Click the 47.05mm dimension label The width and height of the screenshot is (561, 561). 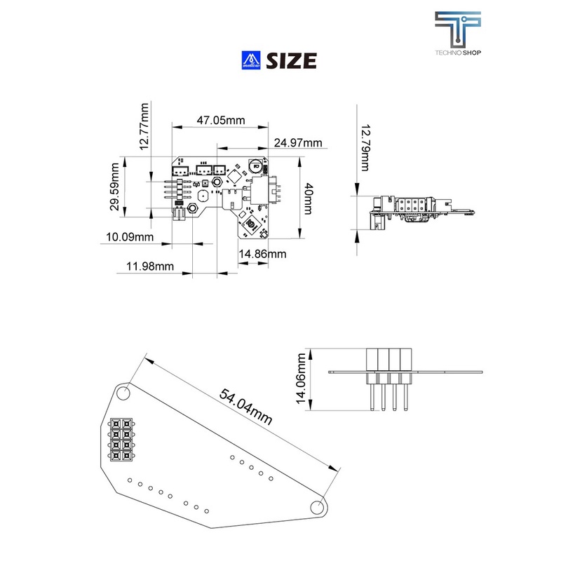pyautogui.click(x=221, y=120)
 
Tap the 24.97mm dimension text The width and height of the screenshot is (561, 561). pyautogui.click(x=298, y=143)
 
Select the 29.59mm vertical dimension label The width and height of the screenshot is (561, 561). pyautogui.click(x=114, y=187)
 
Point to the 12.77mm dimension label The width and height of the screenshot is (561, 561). pyautogui.click(x=144, y=127)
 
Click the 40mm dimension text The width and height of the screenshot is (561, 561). pyautogui.click(x=309, y=198)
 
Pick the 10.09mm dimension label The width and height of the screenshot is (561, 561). pyautogui.click(x=130, y=237)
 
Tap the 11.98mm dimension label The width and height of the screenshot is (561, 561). pyautogui.click(x=150, y=266)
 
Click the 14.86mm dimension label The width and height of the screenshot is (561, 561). pyautogui.click(x=262, y=254)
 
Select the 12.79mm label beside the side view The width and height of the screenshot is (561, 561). pyautogui.click(x=365, y=148)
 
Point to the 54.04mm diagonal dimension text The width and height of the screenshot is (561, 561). pyautogui.click(x=245, y=406)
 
